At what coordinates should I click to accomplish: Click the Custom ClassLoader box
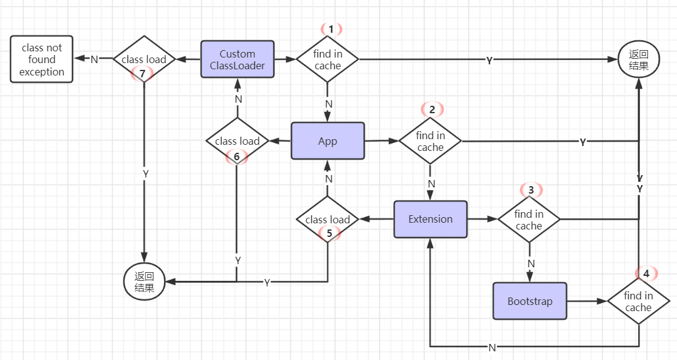[237, 59]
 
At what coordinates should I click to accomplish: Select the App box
[327, 141]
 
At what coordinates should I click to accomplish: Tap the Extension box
[430, 219]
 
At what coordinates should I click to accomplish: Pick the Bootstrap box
[530, 301]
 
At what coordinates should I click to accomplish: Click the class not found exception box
[41, 59]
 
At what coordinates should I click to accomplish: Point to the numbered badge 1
[331, 29]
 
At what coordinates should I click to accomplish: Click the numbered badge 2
[432, 109]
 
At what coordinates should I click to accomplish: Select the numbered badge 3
[530, 189]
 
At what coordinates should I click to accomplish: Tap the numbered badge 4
[646, 273]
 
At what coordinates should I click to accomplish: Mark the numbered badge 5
[329, 233]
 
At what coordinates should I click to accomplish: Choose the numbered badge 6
[236, 156]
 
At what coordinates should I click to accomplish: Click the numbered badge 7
[142, 74]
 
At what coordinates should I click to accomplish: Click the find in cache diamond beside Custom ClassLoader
[327, 59]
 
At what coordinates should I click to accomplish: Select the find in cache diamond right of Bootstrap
[638, 301]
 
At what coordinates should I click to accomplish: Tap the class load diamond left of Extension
[327, 219]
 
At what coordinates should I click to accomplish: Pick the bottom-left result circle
[145, 281]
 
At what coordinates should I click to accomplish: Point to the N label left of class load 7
[94, 59]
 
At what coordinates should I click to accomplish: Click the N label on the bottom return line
[492, 347]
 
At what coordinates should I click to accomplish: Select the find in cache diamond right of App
[430, 141]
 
